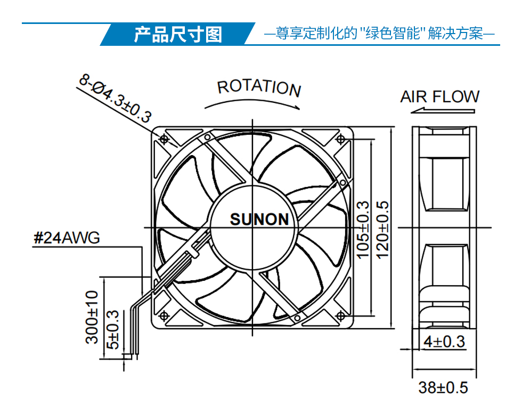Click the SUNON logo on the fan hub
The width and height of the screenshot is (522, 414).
[x=259, y=220]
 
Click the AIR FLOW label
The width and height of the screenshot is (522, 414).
[x=439, y=96]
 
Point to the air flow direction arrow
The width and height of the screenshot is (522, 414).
[x=443, y=110]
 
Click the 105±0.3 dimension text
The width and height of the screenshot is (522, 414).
[x=363, y=230]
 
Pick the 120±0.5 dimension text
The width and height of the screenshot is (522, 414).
[x=382, y=230]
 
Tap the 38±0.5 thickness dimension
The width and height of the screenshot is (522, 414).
[x=443, y=387]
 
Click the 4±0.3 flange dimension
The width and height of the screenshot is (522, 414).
[x=444, y=342]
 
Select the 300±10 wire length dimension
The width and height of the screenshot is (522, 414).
[x=92, y=317]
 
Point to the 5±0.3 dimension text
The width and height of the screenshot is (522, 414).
[x=112, y=330]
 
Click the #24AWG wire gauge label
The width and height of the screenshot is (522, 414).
[x=67, y=238]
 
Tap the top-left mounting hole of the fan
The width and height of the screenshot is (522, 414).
[x=164, y=139]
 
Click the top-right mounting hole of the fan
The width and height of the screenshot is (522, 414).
[x=340, y=139]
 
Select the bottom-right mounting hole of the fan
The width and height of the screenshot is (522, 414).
[x=340, y=316]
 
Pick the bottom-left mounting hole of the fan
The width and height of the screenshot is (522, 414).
[x=164, y=316]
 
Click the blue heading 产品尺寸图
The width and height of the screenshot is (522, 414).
[x=178, y=34]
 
